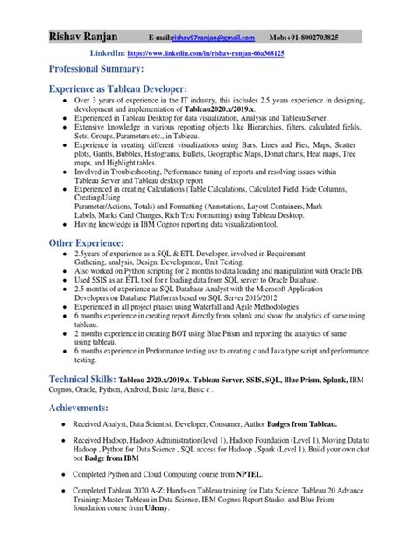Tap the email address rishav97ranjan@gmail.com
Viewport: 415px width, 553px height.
pyautogui.click(x=213, y=38)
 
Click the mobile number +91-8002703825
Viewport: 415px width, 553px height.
pyautogui.click(x=327, y=38)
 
